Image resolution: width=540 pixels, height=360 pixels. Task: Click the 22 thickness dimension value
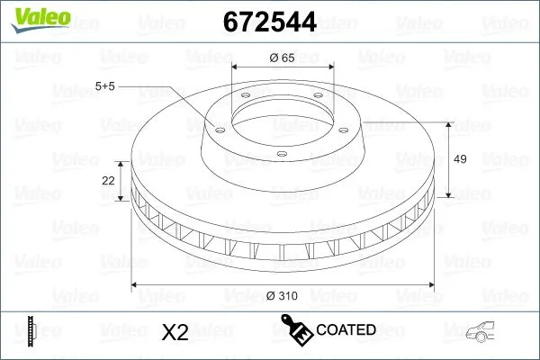coord(109,181)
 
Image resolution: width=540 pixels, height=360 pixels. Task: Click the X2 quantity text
coord(174,332)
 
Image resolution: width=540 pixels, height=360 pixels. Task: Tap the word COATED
coord(346,330)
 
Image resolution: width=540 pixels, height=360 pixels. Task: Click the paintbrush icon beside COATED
coord(297,328)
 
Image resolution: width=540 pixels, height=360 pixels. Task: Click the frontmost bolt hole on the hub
coord(282,154)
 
